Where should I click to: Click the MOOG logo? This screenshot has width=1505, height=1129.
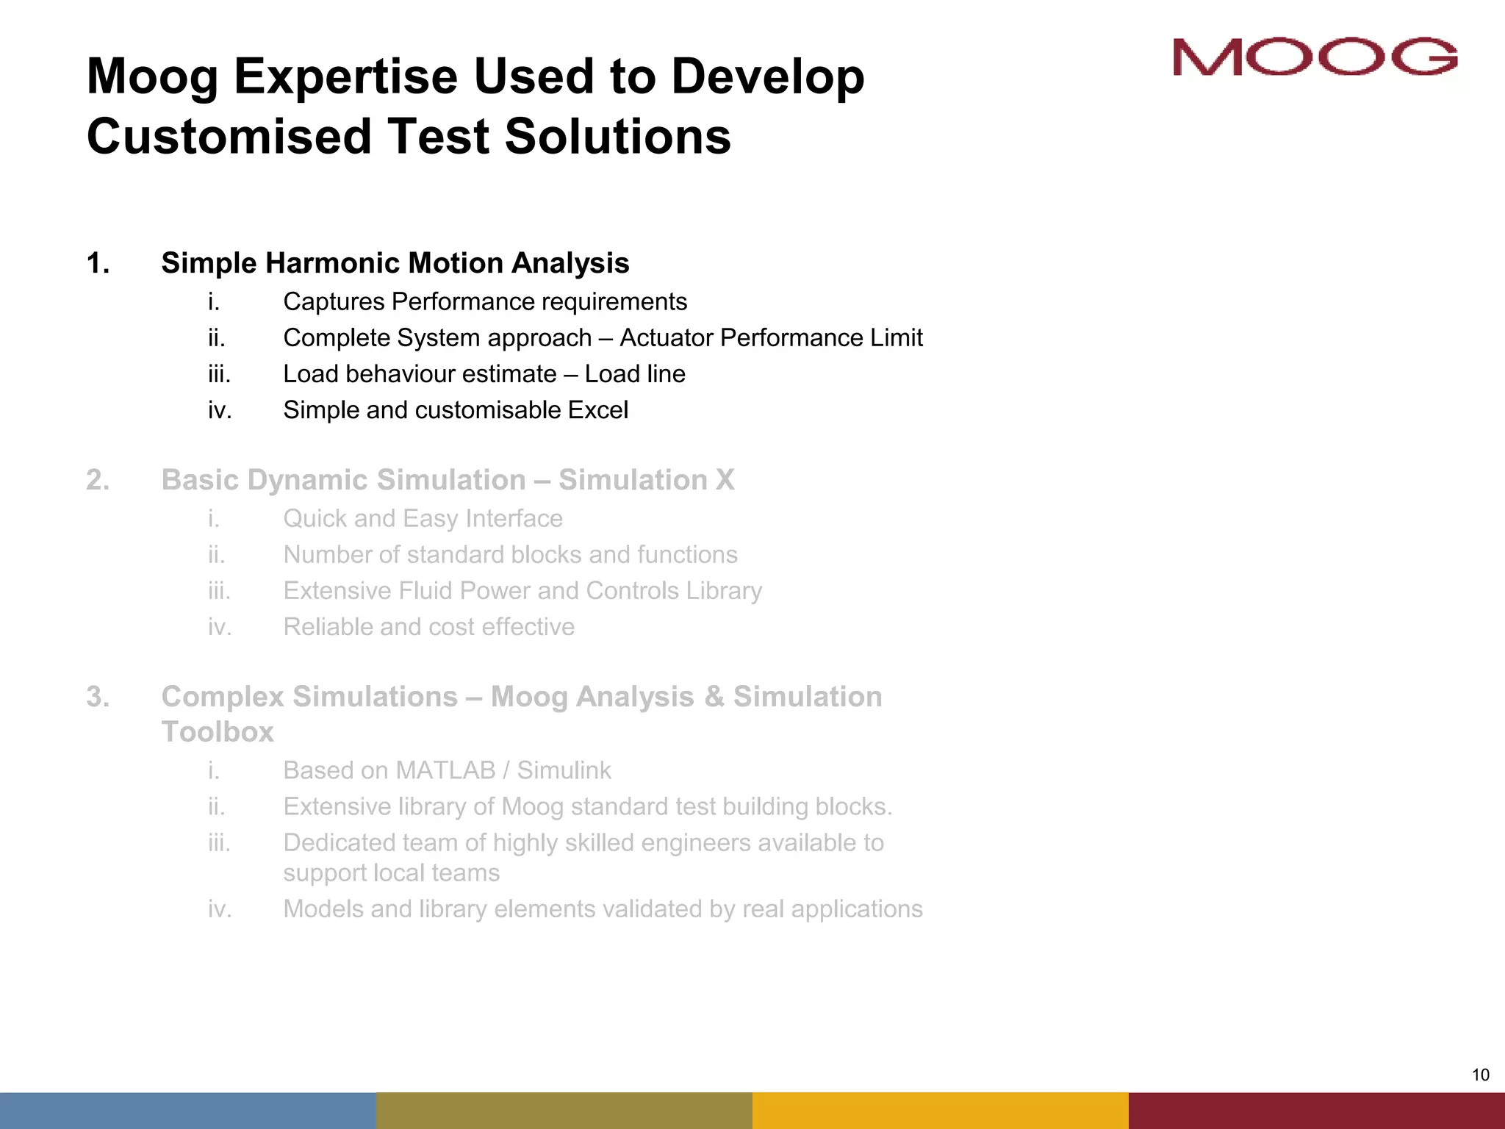pyautogui.click(x=1315, y=57)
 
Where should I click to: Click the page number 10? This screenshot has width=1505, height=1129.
pyautogui.click(x=1480, y=1075)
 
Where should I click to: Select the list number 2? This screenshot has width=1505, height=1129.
pyautogui.click(x=98, y=480)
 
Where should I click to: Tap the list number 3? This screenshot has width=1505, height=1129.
pyautogui.click(x=98, y=697)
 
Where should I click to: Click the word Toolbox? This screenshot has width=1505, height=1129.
pyautogui.click(x=218, y=732)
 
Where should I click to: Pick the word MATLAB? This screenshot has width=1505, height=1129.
pyautogui.click(x=445, y=770)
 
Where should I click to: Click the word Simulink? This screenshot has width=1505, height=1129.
pyautogui.click(x=564, y=770)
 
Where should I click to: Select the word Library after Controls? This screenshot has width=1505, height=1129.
pyautogui.click(x=724, y=591)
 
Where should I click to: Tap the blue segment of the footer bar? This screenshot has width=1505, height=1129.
pyautogui.click(x=188, y=1111)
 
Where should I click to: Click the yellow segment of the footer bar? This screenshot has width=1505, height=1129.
pyautogui.click(x=941, y=1111)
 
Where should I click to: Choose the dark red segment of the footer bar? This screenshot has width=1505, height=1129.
pyautogui.click(x=1317, y=1111)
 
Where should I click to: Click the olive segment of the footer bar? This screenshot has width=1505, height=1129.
pyautogui.click(x=564, y=1111)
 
